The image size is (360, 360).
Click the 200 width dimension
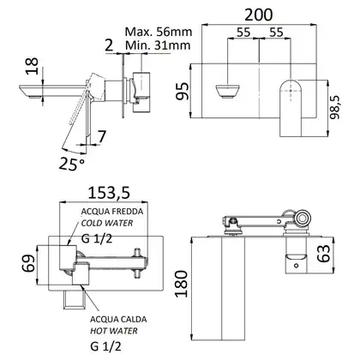click(x=259, y=15)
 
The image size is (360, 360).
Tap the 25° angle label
click(x=72, y=164)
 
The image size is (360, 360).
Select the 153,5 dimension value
click(x=109, y=193)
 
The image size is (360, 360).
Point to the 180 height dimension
click(x=182, y=284)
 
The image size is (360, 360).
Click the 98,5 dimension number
click(x=335, y=107)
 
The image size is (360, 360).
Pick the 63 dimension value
click(x=324, y=254)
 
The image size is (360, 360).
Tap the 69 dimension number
click(x=28, y=263)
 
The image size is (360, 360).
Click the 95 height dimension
click(x=183, y=91)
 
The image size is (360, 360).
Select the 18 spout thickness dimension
click(x=32, y=66)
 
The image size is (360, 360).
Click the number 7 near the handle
click(x=102, y=136)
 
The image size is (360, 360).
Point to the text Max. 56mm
click(x=159, y=32)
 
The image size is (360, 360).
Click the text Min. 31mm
click(x=158, y=45)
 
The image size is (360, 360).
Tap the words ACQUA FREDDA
click(x=112, y=212)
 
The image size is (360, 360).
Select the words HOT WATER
click(x=114, y=331)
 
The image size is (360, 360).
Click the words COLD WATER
click(x=107, y=223)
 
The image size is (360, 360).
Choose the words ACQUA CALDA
click(x=118, y=319)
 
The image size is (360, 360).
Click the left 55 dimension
click(x=243, y=33)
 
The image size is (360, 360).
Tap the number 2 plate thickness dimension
click(x=109, y=45)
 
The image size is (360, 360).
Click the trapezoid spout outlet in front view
click(x=227, y=92)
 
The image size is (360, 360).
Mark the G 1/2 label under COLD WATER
click(x=97, y=238)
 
